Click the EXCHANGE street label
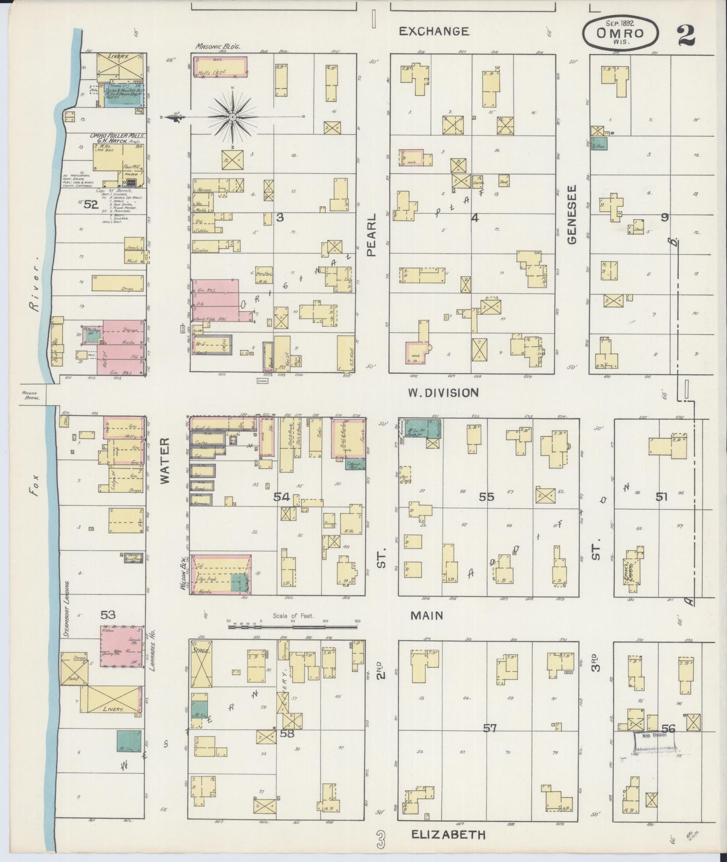click(434, 31)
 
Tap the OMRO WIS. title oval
click(620, 32)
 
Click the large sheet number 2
click(686, 35)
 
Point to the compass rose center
click(232, 117)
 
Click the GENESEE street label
click(572, 214)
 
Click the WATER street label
click(165, 460)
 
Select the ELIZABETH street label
click(448, 834)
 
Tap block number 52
click(91, 204)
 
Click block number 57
click(490, 728)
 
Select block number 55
click(486, 497)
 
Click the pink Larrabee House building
click(120, 646)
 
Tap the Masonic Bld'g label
click(218, 46)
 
